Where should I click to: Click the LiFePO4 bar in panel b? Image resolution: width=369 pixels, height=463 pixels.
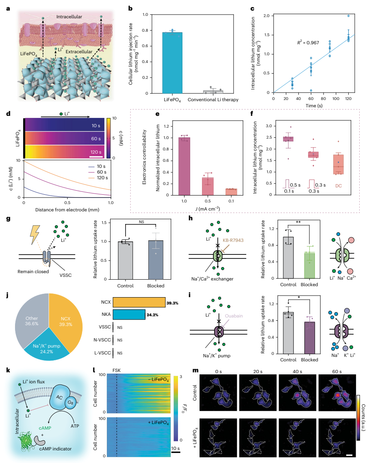(x=172, y=63)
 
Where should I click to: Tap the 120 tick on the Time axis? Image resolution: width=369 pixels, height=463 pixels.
(x=348, y=98)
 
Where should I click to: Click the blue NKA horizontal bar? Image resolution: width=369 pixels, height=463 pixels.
(x=129, y=315)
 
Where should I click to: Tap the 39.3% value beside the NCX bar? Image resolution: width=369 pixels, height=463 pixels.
(x=172, y=303)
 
